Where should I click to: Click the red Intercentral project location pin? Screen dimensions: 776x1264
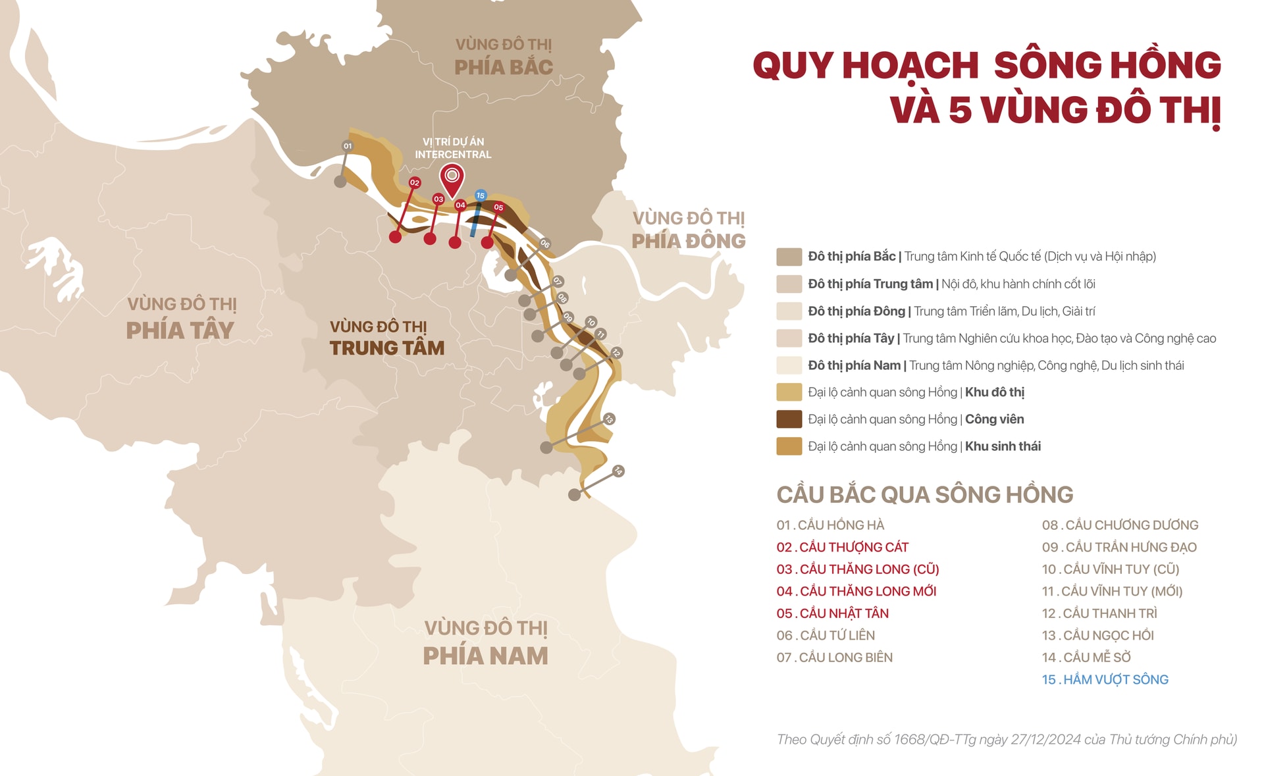[452, 178]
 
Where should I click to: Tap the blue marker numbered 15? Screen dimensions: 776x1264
[481, 195]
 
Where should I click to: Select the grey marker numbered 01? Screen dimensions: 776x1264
[348, 146]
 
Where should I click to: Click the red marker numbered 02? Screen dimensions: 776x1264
[414, 182]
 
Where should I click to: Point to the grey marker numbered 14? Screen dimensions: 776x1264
[618, 471]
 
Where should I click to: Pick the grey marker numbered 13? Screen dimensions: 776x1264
[609, 419]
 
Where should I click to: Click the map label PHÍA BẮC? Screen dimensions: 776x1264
[503, 67]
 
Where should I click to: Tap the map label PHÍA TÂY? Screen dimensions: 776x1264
[180, 330]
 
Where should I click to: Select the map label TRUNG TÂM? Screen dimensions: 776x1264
[386, 348]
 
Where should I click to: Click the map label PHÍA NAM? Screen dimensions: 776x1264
[485, 656]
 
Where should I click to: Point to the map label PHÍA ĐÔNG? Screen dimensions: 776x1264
[688, 241]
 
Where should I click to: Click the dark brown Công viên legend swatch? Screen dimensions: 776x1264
[789, 419]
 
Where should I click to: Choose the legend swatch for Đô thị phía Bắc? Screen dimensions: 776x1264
[789, 257]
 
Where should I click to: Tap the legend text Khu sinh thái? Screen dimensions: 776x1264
[1003, 446]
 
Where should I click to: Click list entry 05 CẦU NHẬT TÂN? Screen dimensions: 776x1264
[832, 613]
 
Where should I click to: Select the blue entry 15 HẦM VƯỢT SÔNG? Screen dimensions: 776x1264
[1105, 679]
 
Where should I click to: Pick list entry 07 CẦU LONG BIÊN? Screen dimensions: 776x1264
[834, 658]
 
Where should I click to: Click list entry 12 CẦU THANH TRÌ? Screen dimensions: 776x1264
[1099, 613]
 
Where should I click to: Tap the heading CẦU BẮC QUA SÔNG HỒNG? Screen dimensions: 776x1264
[924, 495]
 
